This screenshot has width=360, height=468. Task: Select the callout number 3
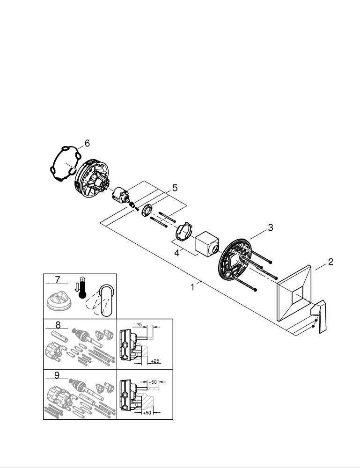pos(270,228)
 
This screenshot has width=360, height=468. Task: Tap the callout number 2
pos(331,262)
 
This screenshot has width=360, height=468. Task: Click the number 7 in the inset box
pos(58,280)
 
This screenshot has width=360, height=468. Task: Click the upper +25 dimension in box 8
pos(138,324)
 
